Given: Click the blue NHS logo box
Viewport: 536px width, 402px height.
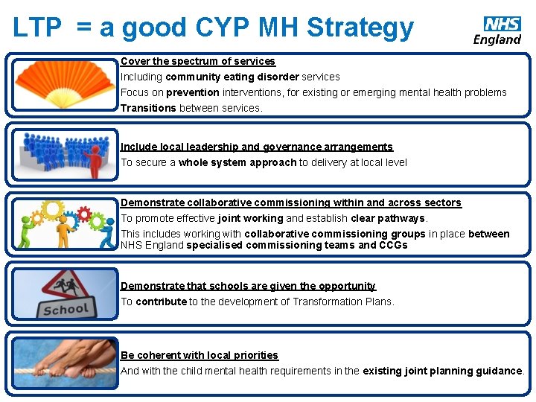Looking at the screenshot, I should click(x=502, y=24).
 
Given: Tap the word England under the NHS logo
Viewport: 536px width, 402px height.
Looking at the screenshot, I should click(x=497, y=39).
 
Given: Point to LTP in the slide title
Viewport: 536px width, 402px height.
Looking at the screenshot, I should click(x=37, y=27).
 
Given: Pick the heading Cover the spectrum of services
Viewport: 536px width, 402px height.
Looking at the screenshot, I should click(x=198, y=61).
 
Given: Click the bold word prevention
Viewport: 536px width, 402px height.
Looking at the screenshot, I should click(x=192, y=92).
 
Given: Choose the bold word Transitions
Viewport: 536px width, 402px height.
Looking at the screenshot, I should click(x=148, y=108).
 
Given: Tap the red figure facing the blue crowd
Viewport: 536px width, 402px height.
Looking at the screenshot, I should click(x=95, y=160).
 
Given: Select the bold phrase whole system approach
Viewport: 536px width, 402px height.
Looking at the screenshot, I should click(x=237, y=162).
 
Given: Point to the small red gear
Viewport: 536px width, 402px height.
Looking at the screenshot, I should click(x=83, y=216).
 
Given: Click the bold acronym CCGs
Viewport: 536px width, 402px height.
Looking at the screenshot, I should click(x=393, y=245).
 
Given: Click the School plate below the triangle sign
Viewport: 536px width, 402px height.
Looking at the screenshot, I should click(x=66, y=309).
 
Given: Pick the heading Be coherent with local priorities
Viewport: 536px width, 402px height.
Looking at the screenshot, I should click(x=200, y=355).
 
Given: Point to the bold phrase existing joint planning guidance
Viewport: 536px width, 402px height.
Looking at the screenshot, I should click(x=442, y=371).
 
